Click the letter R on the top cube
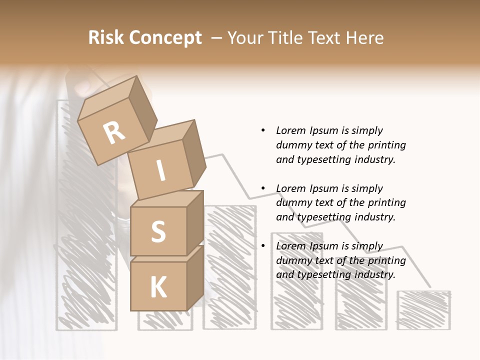(114, 132)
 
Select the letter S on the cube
(158, 231)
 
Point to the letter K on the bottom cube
(158, 287)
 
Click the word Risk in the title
(105, 37)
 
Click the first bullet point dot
(263, 130)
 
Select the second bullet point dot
(263, 188)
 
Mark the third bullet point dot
(263, 246)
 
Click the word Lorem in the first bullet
(290, 130)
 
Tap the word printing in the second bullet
(386, 202)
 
